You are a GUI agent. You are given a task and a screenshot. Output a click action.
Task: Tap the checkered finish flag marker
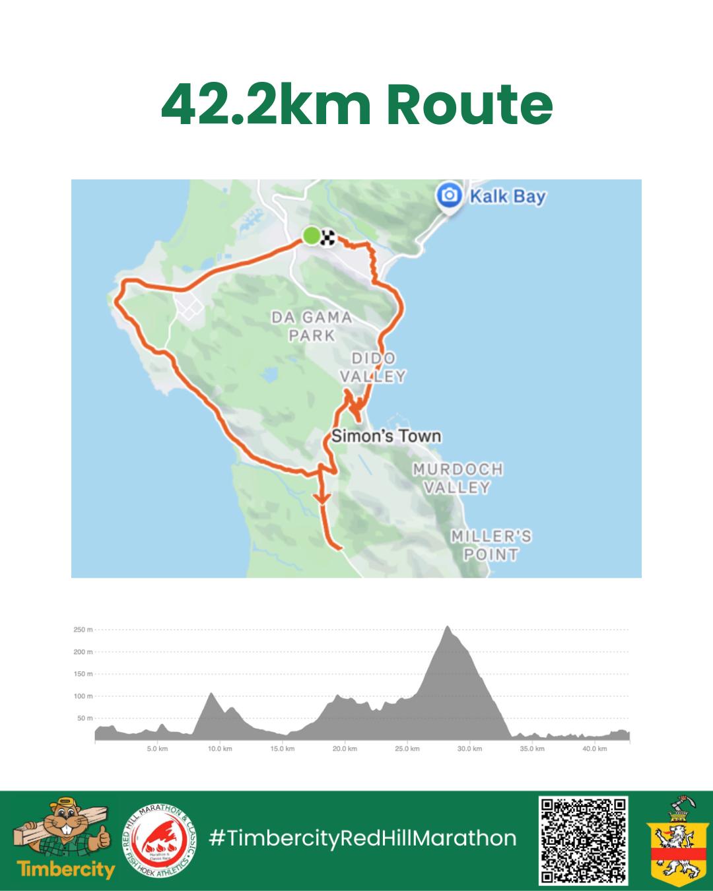pyautogui.click(x=327, y=237)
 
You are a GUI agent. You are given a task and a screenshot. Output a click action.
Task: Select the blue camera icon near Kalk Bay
pyautogui.click(x=450, y=195)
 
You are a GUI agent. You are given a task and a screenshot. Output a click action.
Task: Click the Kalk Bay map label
pyautogui.click(x=507, y=197)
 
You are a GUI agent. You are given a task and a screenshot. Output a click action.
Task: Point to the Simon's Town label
pyautogui.click(x=386, y=436)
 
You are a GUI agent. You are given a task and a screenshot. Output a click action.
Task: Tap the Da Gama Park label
pyautogui.click(x=312, y=326)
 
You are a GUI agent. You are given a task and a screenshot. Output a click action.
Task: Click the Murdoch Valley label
pyautogui.click(x=458, y=478)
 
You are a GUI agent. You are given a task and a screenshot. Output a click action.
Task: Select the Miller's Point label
pyautogui.click(x=491, y=545)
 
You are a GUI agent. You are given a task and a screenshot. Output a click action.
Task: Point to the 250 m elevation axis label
pyautogui.click(x=83, y=630)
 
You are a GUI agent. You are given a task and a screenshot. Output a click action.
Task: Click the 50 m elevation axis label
pyautogui.click(x=85, y=718)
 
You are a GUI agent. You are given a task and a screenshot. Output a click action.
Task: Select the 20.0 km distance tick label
pyautogui.click(x=345, y=749)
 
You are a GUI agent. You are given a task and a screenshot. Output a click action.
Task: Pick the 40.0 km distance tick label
pyautogui.click(x=594, y=749)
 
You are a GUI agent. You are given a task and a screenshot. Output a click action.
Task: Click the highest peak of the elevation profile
pyautogui.click(x=448, y=627)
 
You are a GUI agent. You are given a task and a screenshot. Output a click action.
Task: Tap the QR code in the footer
pyautogui.click(x=583, y=840)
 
